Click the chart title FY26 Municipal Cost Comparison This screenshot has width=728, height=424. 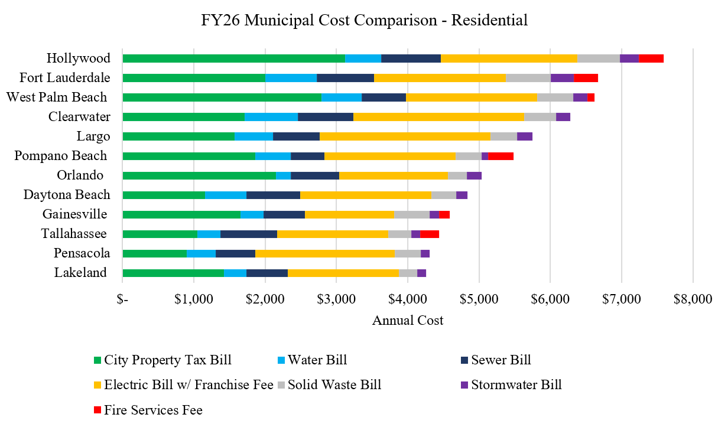(364, 20)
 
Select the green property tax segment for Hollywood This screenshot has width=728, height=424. (233, 58)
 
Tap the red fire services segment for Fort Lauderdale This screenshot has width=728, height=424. (586, 78)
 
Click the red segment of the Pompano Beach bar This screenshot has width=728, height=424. (500, 156)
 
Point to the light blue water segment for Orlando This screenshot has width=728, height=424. (283, 175)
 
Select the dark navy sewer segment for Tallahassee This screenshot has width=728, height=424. (248, 234)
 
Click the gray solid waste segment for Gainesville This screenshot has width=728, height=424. (411, 214)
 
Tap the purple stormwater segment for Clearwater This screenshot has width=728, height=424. (563, 117)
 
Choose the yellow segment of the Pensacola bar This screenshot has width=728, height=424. (324, 253)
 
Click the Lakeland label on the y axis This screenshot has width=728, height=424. (80, 272)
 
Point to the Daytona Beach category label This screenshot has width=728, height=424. (67, 194)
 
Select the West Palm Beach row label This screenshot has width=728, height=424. (57, 97)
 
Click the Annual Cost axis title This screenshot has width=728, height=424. (408, 321)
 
